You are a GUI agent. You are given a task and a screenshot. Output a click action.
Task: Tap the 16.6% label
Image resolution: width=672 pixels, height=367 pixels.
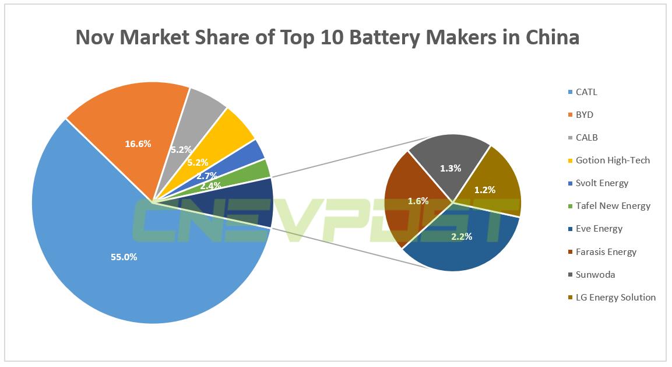tap(138, 144)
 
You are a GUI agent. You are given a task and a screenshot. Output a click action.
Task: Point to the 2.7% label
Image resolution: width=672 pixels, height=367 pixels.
tap(206, 176)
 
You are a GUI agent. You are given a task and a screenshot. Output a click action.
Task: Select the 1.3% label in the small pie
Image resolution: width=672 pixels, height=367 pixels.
tap(451, 169)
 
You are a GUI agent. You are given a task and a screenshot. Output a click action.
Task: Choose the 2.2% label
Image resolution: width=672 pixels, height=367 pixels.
tap(461, 236)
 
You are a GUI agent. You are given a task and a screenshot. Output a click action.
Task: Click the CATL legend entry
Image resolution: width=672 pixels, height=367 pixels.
tap(586, 92)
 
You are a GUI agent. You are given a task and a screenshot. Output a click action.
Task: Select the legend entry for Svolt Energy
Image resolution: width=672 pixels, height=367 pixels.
tap(601, 183)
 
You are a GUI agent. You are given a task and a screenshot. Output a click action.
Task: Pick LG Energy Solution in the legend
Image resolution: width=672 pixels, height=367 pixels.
tap(615, 298)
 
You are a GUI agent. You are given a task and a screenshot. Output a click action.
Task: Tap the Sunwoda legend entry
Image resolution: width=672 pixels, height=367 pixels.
tap(594, 275)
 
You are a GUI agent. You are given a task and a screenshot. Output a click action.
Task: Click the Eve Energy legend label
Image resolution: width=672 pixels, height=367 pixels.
tap(599, 229)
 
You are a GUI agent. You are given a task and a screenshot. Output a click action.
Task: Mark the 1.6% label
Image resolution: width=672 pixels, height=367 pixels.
tap(418, 201)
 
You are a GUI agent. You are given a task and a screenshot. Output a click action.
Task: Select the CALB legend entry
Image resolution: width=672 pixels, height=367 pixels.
tap(586, 138)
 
